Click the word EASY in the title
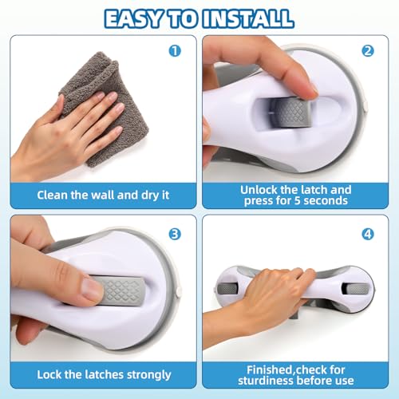(x=140, y=18)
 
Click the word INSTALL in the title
(x=249, y=18)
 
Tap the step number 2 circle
(x=368, y=50)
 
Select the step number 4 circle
(x=368, y=235)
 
